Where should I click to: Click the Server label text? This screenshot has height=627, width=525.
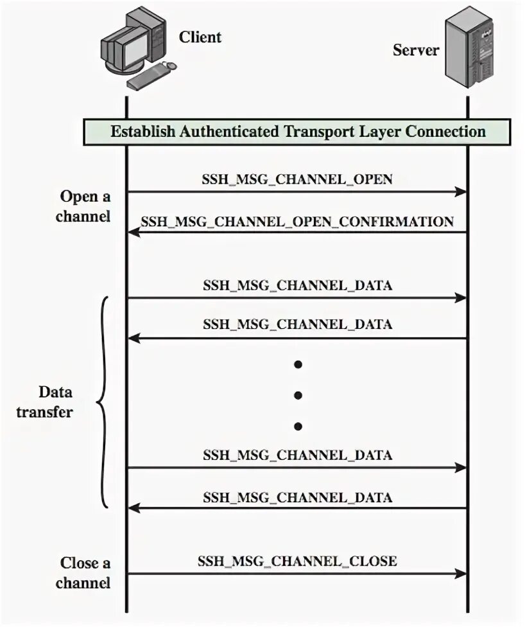coord(415,49)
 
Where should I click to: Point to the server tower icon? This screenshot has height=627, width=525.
coord(469,46)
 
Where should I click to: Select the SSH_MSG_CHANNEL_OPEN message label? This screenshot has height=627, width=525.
coord(297,179)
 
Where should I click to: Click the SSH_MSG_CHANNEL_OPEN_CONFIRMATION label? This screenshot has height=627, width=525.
coord(297,222)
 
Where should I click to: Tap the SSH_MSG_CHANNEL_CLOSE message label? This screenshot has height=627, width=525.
coord(297,561)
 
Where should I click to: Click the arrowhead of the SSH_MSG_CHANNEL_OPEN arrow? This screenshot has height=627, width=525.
coord(461,191)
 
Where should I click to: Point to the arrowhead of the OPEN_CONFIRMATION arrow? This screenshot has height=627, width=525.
coord(134,232)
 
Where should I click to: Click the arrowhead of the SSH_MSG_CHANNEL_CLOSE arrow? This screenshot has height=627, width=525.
coord(461,574)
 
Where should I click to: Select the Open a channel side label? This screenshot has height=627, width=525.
coord(83,206)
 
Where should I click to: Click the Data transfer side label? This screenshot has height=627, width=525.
coord(45,402)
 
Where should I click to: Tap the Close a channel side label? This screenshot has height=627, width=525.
coord(83,572)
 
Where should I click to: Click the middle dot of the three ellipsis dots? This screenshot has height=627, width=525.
coord(298,396)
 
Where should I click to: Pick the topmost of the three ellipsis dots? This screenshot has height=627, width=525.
coord(298,364)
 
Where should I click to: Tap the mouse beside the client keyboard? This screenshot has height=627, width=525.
coord(171,65)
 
